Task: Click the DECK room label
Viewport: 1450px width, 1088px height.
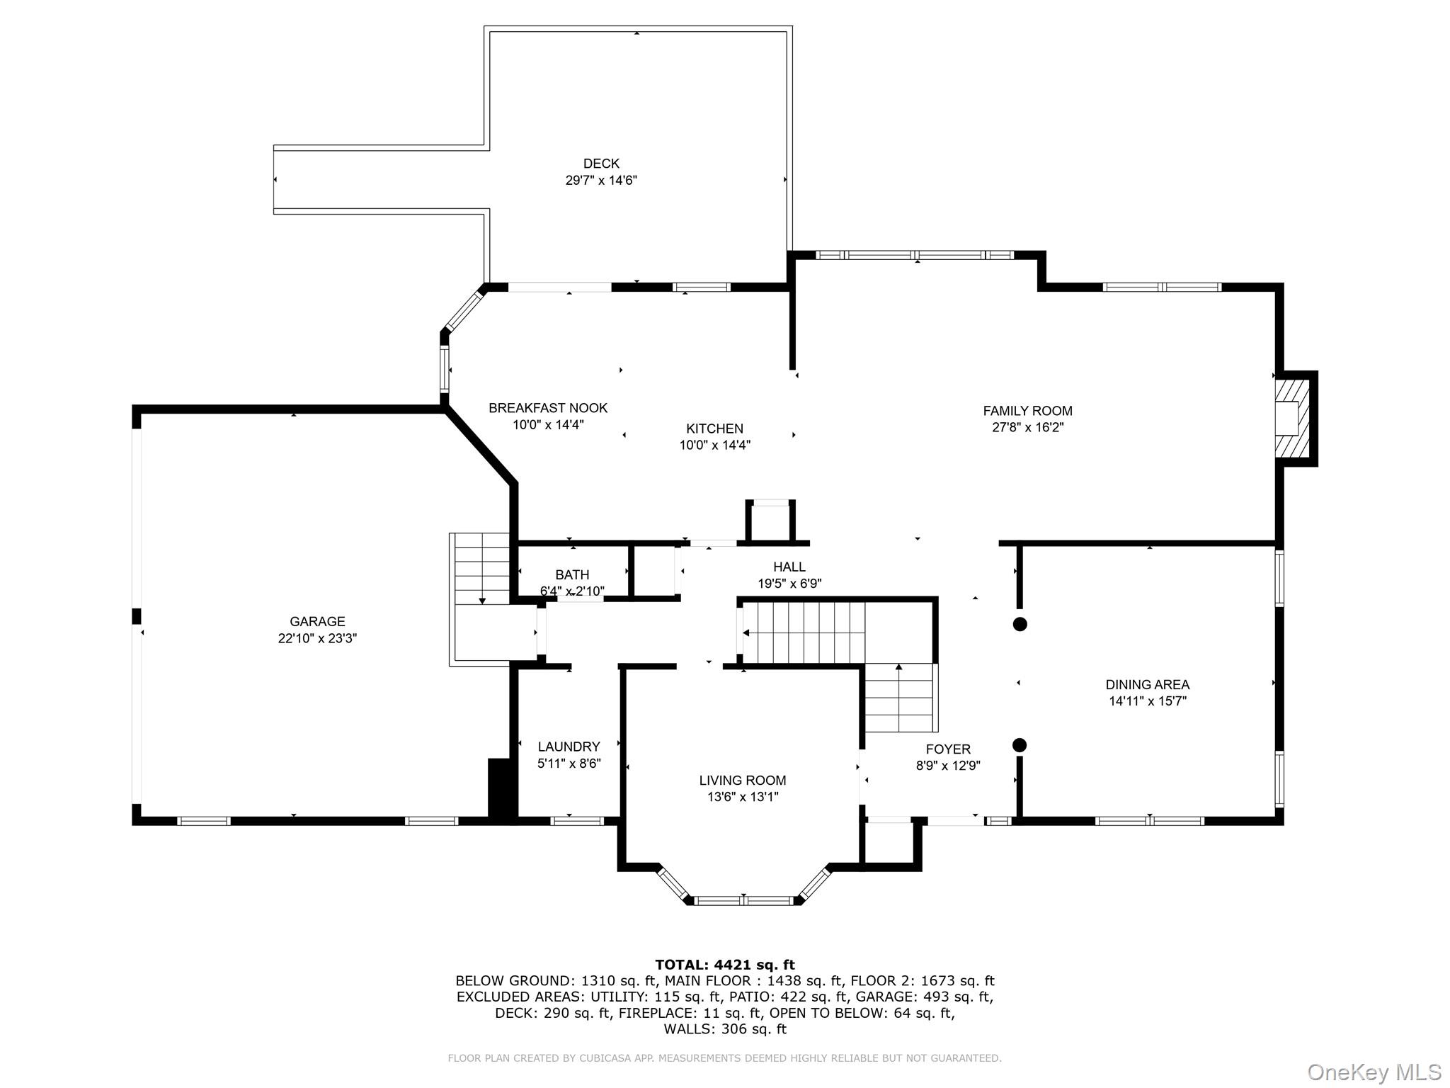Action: click(x=601, y=164)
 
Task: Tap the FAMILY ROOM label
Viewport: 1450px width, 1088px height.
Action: click(x=1027, y=411)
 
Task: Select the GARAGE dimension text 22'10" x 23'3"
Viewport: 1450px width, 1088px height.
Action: click(x=317, y=638)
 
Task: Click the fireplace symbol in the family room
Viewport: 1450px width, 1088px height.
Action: click(x=1292, y=419)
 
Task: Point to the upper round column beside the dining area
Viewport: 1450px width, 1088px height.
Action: click(x=1020, y=624)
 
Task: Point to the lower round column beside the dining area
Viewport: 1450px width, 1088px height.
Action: click(x=1020, y=745)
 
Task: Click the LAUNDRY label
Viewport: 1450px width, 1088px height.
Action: click(x=569, y=747)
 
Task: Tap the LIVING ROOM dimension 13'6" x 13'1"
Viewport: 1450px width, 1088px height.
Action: click(x=743, y=797)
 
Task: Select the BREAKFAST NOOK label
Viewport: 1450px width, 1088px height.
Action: click(x=548, y=408)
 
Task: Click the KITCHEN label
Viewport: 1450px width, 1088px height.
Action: click(x=714, y=429)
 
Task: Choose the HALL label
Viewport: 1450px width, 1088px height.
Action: click(x=789, y=567)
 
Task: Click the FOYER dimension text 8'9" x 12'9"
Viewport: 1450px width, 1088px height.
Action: click(x=948, y=766)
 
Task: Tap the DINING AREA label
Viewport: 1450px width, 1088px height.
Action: click(x=1147, y=685)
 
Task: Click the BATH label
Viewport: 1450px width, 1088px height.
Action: click(x=572, y=574)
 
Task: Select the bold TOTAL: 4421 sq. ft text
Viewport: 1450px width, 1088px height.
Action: click(x=724, y=965)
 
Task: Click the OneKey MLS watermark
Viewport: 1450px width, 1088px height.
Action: click(x=1374, y=1072)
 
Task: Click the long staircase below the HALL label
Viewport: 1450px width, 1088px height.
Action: click(x=804, y=633)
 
